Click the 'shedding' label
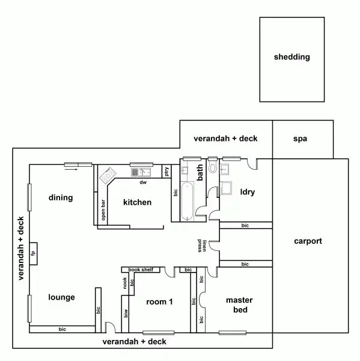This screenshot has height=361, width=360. (x=291, y=57)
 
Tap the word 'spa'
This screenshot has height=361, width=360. (x=300, y=138)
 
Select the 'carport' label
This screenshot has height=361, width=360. (x=308, y=241)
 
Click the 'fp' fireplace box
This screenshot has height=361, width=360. (x=33, y=253)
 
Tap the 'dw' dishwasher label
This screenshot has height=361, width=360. (x=143, y=182)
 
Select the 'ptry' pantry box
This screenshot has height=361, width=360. (x=166, y=171)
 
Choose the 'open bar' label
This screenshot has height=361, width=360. (x=103, y=211)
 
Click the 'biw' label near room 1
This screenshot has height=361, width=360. (x=126, y=313)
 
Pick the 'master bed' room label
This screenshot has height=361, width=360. (x=239, y=305)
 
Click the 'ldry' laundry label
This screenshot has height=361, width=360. (x=247, y=193)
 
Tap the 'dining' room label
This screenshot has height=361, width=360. (x=61, y=197)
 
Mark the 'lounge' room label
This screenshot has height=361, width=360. (x=61, y=297)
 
